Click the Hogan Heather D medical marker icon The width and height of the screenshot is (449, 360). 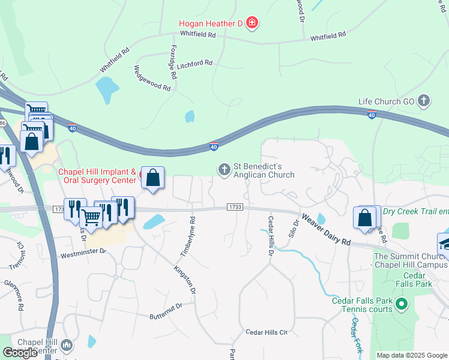pyautogui.click(x=252, y=24)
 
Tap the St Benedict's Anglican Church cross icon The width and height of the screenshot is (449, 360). pyautogui.click(x=224, y=170)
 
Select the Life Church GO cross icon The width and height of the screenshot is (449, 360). pyautogui.click(x=424, y=101)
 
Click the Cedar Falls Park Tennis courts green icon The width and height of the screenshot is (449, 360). pyautogui.click(x=402, y=305)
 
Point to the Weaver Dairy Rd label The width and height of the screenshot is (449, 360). pyautogui.click(x=326, y=229)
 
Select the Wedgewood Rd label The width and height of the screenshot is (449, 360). pyautogui.click(x=152, y=78)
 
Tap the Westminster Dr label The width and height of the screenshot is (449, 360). pyautogui.click(x=83, y=254)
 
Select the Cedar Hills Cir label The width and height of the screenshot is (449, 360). pyautogui.click(x=267, y=332)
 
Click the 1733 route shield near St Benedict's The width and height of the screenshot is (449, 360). pyautogui.click(x=235, y=206)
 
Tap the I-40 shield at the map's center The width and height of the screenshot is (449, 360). pyautogui.click(x=214, y=146)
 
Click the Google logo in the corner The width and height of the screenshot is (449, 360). pyautogui.click(x=20, y=353)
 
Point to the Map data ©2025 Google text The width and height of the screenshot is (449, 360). pyautogui.click(x=412, y=355)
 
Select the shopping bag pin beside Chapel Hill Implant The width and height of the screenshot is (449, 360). pyautogui.click(x=153, y=178)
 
